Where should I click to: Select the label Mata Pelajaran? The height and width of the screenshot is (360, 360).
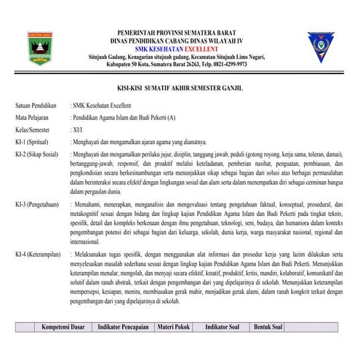pos(33,116)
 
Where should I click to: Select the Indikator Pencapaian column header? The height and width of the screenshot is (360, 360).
pos(124,327)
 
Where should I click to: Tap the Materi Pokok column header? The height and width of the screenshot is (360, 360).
pos(177,327)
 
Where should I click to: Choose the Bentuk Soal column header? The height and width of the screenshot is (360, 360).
pos(267,327)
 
